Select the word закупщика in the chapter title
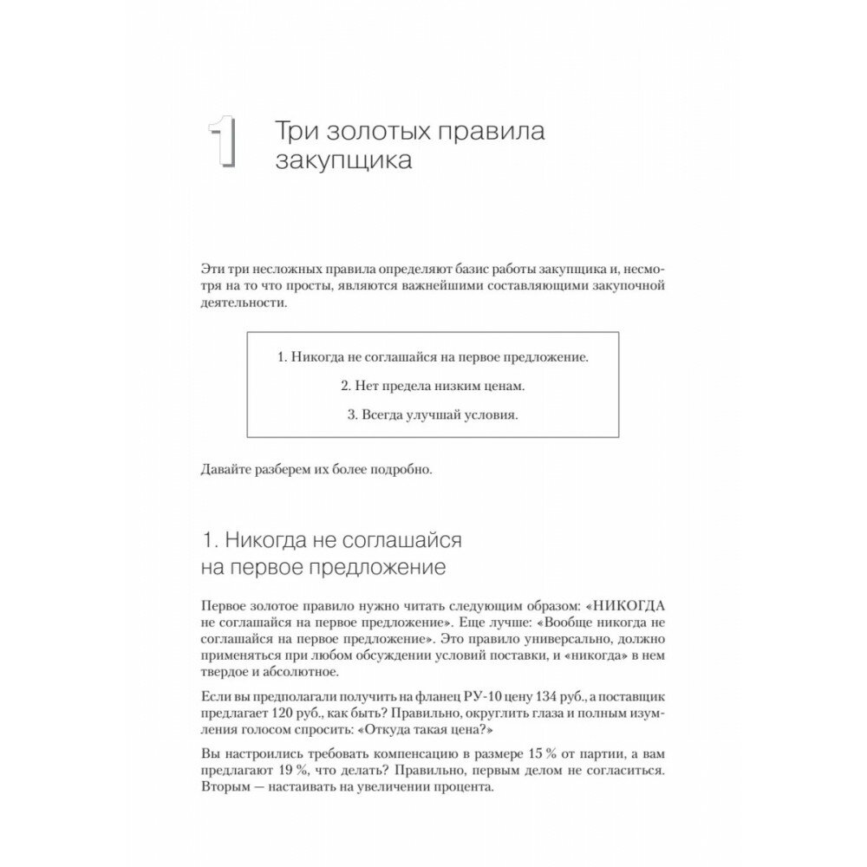point(343,160)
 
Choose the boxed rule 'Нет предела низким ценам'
point(433,385)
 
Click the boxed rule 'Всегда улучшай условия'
point(433,414)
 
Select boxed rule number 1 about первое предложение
point(433,356)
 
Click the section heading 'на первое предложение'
point(323,568)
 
